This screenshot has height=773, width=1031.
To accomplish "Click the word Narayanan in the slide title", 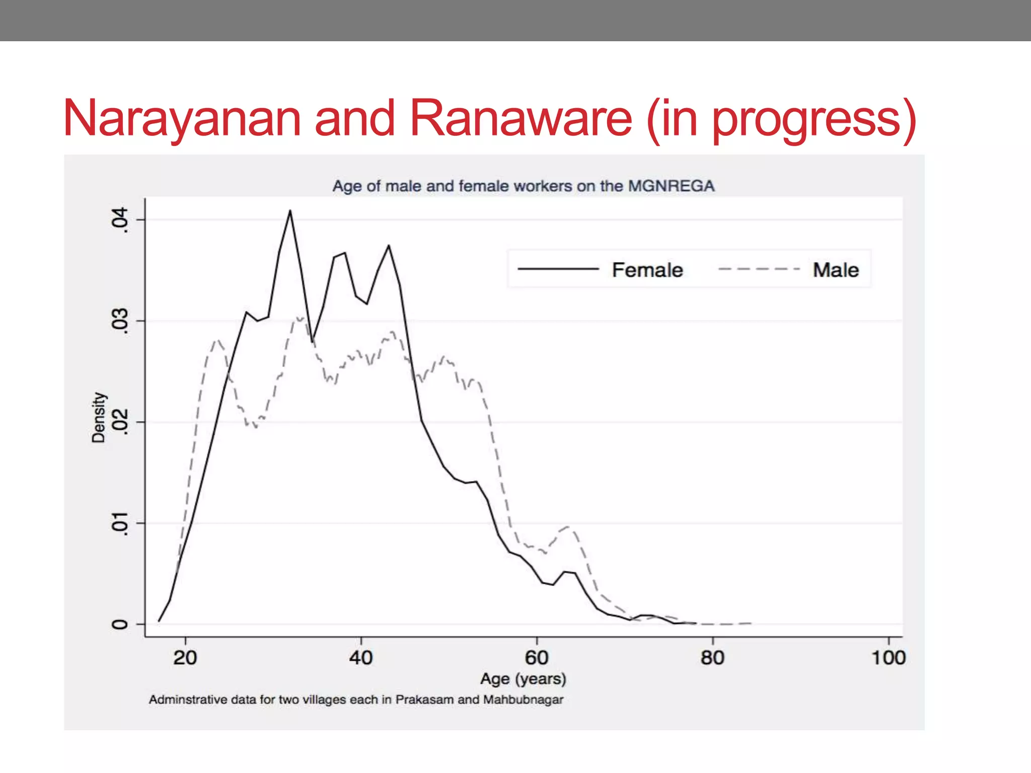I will coord(182,119).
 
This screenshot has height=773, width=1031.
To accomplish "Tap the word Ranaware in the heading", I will coord(521,118).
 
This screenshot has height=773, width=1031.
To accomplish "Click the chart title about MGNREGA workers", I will coord(523,186).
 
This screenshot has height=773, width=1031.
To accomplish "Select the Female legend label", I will coord(647,270).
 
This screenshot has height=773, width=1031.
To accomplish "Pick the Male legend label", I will coord(836,270).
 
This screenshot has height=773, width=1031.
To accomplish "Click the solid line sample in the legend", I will coord(558,270).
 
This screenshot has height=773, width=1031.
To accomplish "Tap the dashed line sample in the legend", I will coord(759,270).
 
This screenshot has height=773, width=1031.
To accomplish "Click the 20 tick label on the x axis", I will coord(185,658).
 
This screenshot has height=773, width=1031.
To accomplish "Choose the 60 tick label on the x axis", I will coord(537,658).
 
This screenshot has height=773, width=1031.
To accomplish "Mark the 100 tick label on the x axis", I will coord(889,658).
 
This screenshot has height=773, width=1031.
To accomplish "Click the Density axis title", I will coord(99,417).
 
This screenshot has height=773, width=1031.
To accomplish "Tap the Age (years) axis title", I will coord(523,679).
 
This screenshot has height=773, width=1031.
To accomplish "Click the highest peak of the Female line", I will coord(290,211).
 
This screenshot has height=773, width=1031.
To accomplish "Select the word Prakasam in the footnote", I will coord(424,700).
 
